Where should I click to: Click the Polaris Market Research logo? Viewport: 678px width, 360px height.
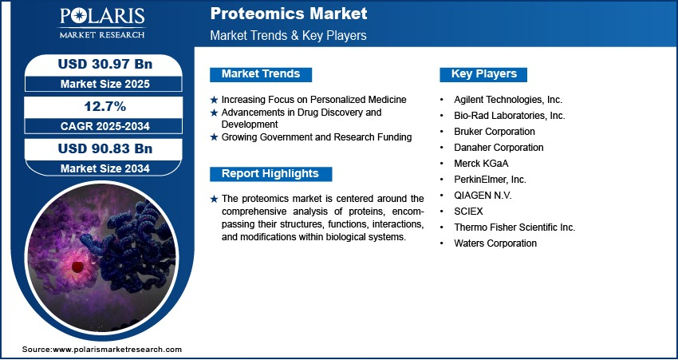(x=102, y=22)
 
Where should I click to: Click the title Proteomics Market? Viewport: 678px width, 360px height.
(x=289, y=14)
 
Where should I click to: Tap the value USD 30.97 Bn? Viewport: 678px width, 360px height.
(x=105, y=64)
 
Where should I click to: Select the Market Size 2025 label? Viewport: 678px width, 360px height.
(x=105, y=84)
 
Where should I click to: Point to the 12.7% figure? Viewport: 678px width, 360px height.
(x=105, y=106)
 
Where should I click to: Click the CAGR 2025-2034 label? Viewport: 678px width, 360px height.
(x=105, y=126)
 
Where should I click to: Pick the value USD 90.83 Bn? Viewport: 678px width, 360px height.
(x=105, y=148)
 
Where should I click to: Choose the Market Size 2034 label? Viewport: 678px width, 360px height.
(x=105, y=168)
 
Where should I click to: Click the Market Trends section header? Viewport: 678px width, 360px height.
(x=261, y=74)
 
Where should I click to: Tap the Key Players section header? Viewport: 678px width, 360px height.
(x=483, y=74)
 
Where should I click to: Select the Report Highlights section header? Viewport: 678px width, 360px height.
(x=270, y=174)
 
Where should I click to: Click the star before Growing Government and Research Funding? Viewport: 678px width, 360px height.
(x=214, y=137)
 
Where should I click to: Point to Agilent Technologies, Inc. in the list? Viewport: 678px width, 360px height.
(x=508, y=100)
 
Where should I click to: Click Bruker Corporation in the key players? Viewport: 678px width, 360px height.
(x=495, y=132)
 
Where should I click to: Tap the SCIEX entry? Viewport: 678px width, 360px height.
(x=468, y=212)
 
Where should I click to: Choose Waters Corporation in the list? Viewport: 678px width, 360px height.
(x=495, y=243)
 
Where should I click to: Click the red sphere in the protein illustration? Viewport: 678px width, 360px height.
(x=77, y=267)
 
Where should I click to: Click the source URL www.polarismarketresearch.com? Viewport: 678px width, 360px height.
(x=117, y=350)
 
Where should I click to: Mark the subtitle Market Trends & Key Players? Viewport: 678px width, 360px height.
(x=289, y=35)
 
